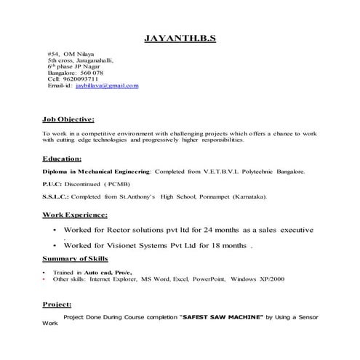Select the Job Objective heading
pyautogui.click(x=68, y=119)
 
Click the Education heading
pyautogui.click(x=61, y=158)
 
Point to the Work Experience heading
pyautogui.click(x=75, y=215)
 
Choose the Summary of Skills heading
pyautogui.click(x=76, y=259)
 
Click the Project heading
pyautogui.click(x=57, y=305)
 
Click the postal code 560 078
pyautogui.click(x=90, y=73)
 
